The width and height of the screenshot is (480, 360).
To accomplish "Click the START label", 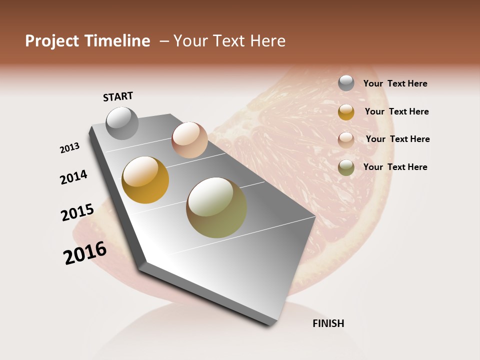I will pyautogui.click(x=118, y=96).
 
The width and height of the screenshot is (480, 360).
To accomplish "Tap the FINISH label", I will pyautogui.click(x=328, y=323).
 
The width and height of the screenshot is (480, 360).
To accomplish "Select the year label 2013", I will pyautogui.click(x=70, y=148).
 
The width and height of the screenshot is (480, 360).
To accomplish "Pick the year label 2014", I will pyautogui.click(x=73, y=177).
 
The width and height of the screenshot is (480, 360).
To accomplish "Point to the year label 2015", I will pyautogui.click(x=77, y=212).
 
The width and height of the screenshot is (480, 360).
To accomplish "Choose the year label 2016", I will pyautogui.click(x=85, y=253).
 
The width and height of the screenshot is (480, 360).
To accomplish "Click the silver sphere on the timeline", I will pyautogui.click(x=122, y=123).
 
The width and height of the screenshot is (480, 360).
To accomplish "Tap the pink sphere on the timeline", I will pyautogui.click(x=189, y=140).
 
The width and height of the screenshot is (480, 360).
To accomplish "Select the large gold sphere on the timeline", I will pyautogui.click(x=145, y=180).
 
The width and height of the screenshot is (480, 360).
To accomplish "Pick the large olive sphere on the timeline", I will pyautogui.click(x=216, y=207).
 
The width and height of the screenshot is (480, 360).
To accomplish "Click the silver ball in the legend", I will pyautogui.click(x=346, y=83).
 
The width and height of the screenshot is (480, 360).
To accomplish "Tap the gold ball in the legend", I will pyautogui.click(x=346, y=112).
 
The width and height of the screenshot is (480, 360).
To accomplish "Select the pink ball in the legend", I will pyautogui.click(x=346, y=139).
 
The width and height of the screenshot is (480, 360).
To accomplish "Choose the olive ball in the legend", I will pyautogui.click(x=346, y=167).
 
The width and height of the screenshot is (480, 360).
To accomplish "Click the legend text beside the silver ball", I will pyautogui.click(x=395, y=83).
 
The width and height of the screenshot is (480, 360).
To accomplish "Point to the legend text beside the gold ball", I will pyautogui.click(x=396, y=111).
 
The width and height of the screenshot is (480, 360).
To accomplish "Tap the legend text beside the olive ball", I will pyautogui.click(x=395, y=167).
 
